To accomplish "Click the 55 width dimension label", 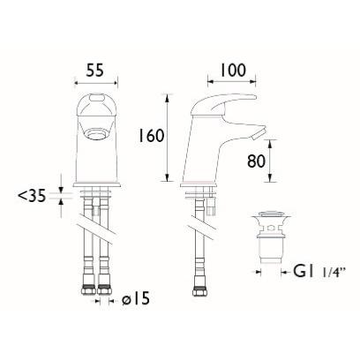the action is pos(95,71).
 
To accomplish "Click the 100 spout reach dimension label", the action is pos(232,70).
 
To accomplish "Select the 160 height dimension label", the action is pos(151,136).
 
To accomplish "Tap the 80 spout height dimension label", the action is pos(256,161).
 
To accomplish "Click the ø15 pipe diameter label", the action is pos(136,299).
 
